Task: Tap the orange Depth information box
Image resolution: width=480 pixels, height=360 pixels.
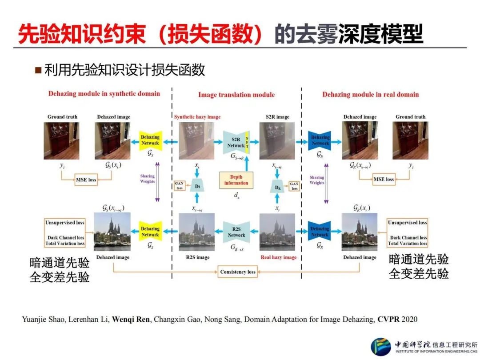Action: tap(236, 180)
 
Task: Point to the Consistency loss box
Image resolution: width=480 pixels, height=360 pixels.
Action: tap(238, 272)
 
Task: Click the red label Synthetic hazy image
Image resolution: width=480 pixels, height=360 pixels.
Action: tap(197, 117)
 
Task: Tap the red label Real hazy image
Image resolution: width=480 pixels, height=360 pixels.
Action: tap(278, 257)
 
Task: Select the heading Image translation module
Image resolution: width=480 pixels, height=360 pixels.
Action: tap(236, 95)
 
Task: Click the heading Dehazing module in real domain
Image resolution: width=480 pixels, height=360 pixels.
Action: tap(370, 94)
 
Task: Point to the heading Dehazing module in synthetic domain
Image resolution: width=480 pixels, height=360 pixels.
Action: tap(104, 94)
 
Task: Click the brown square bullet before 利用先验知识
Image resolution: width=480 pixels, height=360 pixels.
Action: tap(38, 70)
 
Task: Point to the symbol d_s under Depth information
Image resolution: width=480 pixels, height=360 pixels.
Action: tap(236, 194)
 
